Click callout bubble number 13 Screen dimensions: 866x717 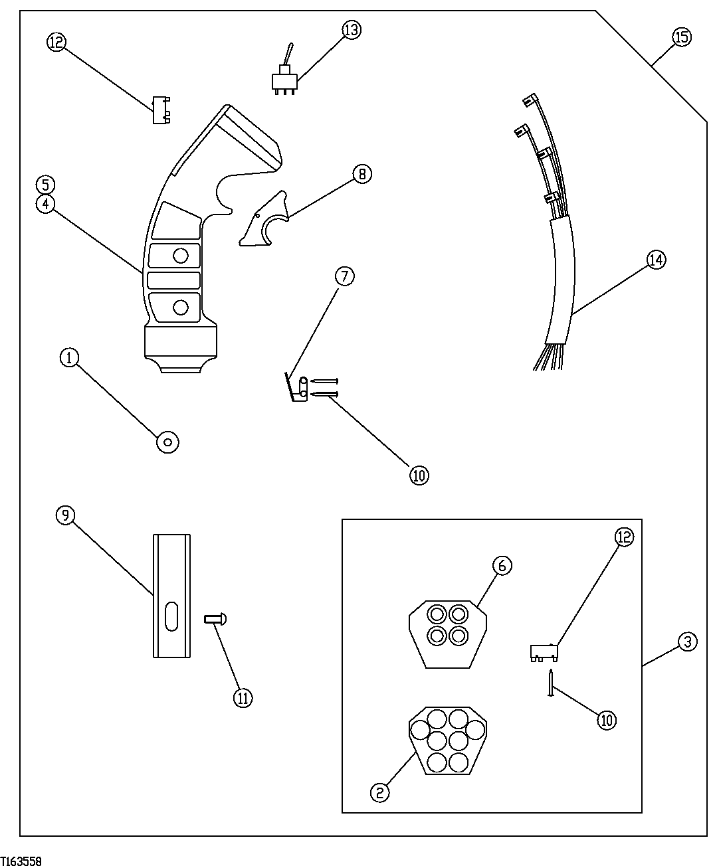tap(352, 30)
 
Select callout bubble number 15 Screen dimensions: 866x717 tap(681, 37)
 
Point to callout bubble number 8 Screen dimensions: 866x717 tap(361, 174)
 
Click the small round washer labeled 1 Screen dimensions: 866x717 tap(167, 441)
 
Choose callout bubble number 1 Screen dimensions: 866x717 tap(69, 358)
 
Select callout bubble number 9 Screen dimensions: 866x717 tap(65, 515)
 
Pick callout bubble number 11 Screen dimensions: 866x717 tap(243, 697)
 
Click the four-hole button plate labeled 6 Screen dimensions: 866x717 tap(447, 633)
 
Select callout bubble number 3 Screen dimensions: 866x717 tap(688, 642)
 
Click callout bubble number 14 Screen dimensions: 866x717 tap(656, 260)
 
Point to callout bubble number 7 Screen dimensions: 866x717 tap(345, 276)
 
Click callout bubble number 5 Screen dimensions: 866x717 tap(45, 184)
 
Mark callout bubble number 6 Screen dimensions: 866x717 tap(502, 565)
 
